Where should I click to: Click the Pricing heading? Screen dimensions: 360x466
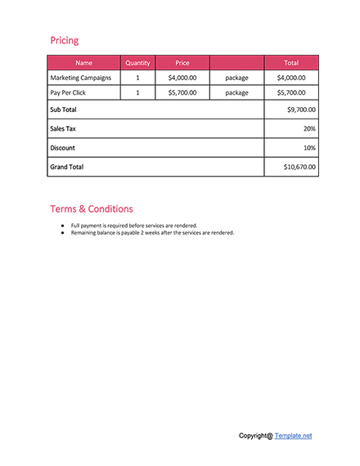(x=65, y=40)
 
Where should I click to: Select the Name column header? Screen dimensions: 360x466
(x=83, y=62)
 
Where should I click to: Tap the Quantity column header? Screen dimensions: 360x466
(x=137, y=62)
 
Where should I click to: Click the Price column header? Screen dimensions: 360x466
(x=182, y=62)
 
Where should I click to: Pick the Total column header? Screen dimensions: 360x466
(x=291, y=62)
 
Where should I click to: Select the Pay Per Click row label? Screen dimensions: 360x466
(x=68, y=92)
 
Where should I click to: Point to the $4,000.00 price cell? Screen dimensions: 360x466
(x=182, y=78)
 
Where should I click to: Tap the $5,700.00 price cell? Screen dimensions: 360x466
(x=182, y=92)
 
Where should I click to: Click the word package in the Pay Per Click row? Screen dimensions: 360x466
(x=236, y=92)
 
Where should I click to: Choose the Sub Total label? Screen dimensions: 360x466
(x=63, y=110)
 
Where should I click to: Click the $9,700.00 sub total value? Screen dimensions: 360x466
(x=301, y=110)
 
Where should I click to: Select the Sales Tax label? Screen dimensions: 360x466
(x=63, y=128)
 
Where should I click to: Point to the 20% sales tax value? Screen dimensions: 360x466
(x=309, y=128)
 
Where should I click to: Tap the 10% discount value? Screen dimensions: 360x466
(x=309, y=148)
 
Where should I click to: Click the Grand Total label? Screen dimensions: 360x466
(x=67, y=167)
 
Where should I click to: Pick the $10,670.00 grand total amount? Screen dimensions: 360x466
(x=299, y=167)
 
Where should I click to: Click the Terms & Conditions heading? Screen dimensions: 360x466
(x=92, y=208)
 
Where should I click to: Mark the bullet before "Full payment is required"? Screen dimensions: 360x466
(x=62, y=225)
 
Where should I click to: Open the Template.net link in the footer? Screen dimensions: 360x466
(x=293, y=436)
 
